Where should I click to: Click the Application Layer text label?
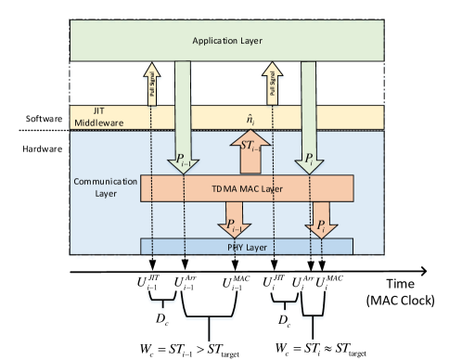coord(225,41)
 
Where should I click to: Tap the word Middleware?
coord(91,121)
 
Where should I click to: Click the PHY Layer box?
coord(247,246)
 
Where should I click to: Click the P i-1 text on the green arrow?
coord(185,160)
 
